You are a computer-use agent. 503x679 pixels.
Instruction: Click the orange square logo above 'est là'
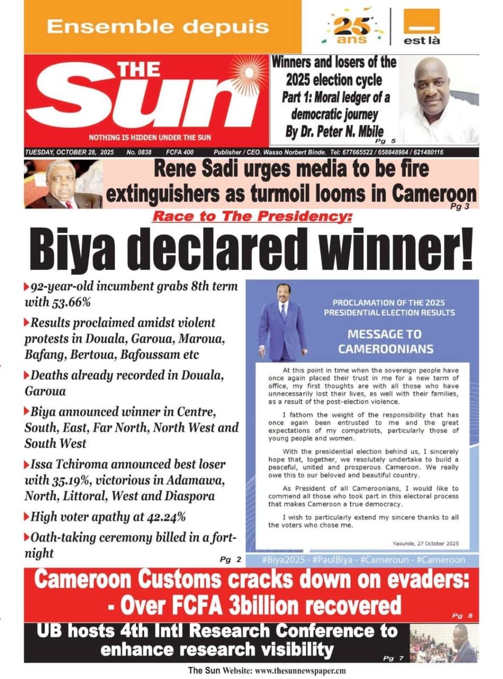422,21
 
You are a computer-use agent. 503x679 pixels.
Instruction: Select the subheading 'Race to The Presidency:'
252,216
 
